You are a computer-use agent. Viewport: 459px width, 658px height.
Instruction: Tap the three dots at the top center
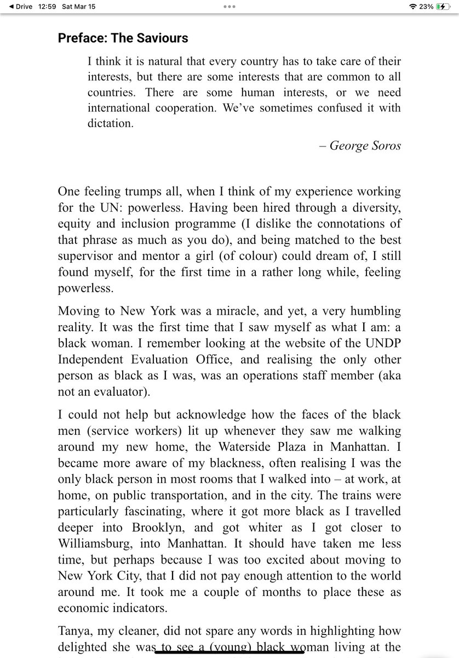(x=229, y=6)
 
